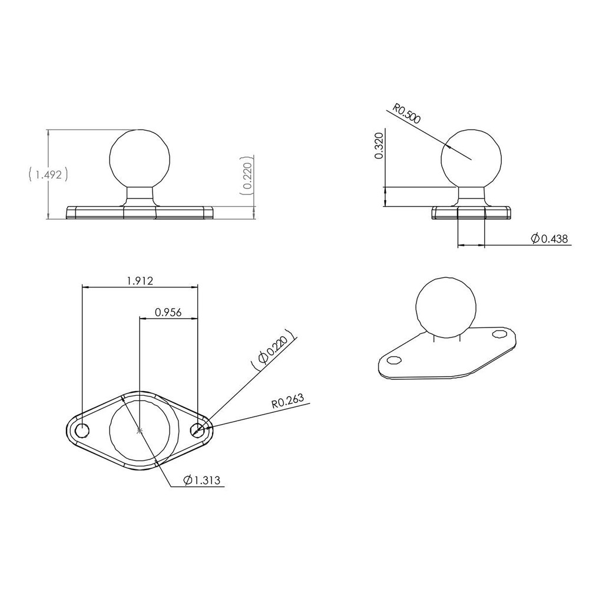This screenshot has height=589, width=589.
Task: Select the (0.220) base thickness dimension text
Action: [247, 176]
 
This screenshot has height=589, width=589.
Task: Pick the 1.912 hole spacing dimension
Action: [140, 281]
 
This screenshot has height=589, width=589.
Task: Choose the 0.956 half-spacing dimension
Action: [167, 312]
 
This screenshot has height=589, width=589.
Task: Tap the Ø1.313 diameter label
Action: [202, 481]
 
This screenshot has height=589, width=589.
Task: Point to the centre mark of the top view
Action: [140, 431]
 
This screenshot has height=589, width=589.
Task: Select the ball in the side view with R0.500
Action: [471, 158]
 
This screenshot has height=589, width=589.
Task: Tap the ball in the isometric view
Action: [445, 307]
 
